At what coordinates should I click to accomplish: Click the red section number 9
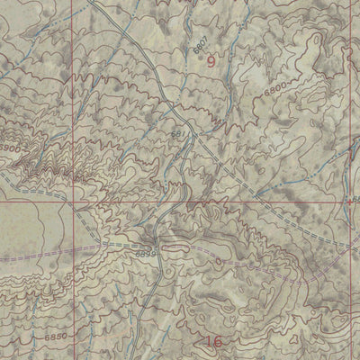tap(211, 61)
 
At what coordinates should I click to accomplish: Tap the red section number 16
tap(213, 341)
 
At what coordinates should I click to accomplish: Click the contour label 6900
tap(11, 147)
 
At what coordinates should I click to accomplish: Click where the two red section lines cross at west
tap(71, 202)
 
